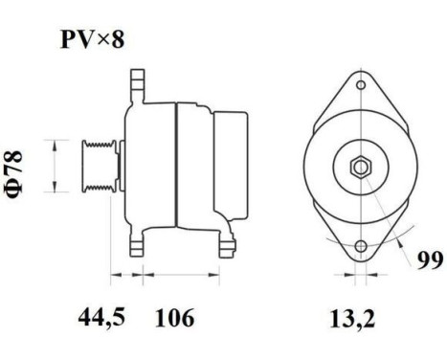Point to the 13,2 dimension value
(x=359, y=317)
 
